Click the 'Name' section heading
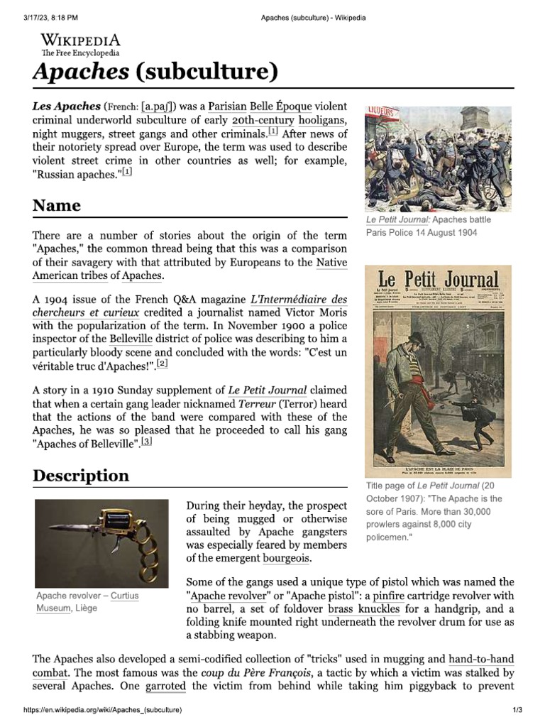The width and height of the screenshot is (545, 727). [57, 206]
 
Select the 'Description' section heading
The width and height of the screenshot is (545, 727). [81, 476]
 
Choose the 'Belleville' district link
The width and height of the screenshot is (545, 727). [131, 339]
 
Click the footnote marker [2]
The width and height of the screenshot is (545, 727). [163, 364]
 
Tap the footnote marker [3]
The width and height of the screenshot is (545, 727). [146, 442]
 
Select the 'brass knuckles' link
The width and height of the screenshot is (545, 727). [363, 609]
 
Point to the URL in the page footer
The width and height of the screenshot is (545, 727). [103, 711]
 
